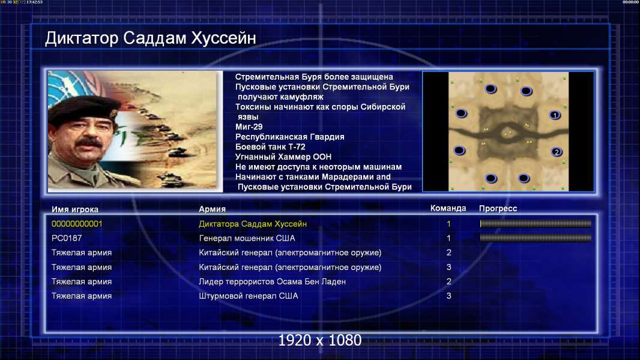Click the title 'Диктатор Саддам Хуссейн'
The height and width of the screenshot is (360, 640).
point(151,38)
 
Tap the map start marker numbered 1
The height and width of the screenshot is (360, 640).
point(555,115)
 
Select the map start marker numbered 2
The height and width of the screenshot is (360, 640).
point(557,152)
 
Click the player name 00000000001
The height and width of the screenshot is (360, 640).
point(77,224)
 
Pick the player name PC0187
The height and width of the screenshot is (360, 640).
point(67,238)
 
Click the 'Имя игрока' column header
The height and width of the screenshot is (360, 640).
point(74,209)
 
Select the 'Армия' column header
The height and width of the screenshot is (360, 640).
point(213,209)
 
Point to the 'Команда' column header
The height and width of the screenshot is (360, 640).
point(448,208)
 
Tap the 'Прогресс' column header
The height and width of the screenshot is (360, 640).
point(498,208)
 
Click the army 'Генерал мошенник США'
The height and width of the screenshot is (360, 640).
point(247,238)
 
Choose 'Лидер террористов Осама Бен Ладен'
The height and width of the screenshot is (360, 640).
point(272,281)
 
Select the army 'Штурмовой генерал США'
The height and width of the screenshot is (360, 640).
point(248,296)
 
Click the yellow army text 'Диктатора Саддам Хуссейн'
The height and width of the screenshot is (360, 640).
point(253,224)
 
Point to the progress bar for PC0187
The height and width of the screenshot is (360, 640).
point(536,238)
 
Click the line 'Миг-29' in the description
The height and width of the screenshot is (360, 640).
point(249,127)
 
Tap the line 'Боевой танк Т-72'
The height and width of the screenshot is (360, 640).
point(270,147)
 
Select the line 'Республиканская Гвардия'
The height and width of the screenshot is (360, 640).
point(290,137)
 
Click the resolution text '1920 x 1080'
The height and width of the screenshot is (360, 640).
point(320,340)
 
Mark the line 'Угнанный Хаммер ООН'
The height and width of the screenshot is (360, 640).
point(283,157)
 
